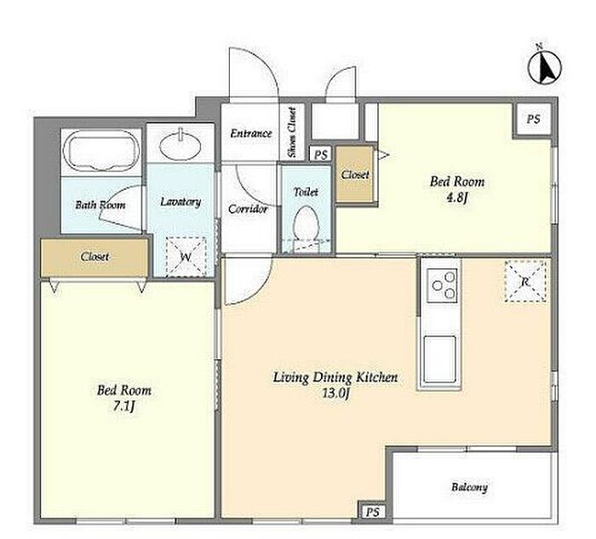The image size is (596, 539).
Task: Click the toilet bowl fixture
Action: tap(307, 224)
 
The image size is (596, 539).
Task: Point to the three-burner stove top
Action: tap(441, 285)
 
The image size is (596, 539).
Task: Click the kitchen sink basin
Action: tap(440, 359)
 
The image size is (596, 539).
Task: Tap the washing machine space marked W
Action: tap(186, 256)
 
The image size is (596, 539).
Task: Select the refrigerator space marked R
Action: tap(525, 281)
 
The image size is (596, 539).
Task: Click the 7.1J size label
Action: tap(124, 407)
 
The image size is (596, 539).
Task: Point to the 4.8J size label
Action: tap(457, 198)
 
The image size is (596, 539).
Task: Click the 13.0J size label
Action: tap(335, 393)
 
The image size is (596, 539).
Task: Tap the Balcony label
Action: tap(469, 487)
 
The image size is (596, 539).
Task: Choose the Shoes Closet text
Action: tap(292, 133)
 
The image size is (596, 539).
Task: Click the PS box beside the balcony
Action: tap(373, 512)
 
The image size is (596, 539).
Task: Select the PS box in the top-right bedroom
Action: tap(533, 119)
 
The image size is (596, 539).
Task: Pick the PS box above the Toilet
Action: tap(321, 155)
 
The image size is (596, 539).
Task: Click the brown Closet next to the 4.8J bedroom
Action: tap(355, 175)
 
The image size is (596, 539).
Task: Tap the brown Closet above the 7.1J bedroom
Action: tap(95, 257)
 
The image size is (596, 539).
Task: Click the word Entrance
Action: tap(251, 134)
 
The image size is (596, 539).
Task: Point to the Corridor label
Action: tap(248, 209)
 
